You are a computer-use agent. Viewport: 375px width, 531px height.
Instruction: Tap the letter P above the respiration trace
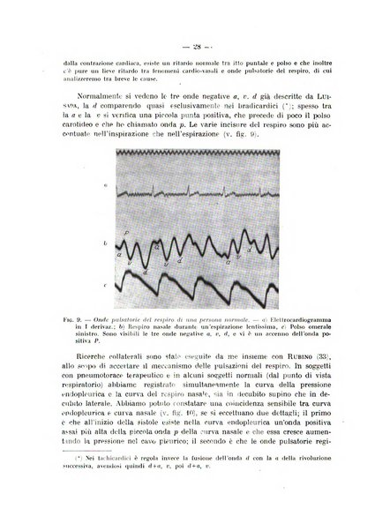click(x=126, y=232)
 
